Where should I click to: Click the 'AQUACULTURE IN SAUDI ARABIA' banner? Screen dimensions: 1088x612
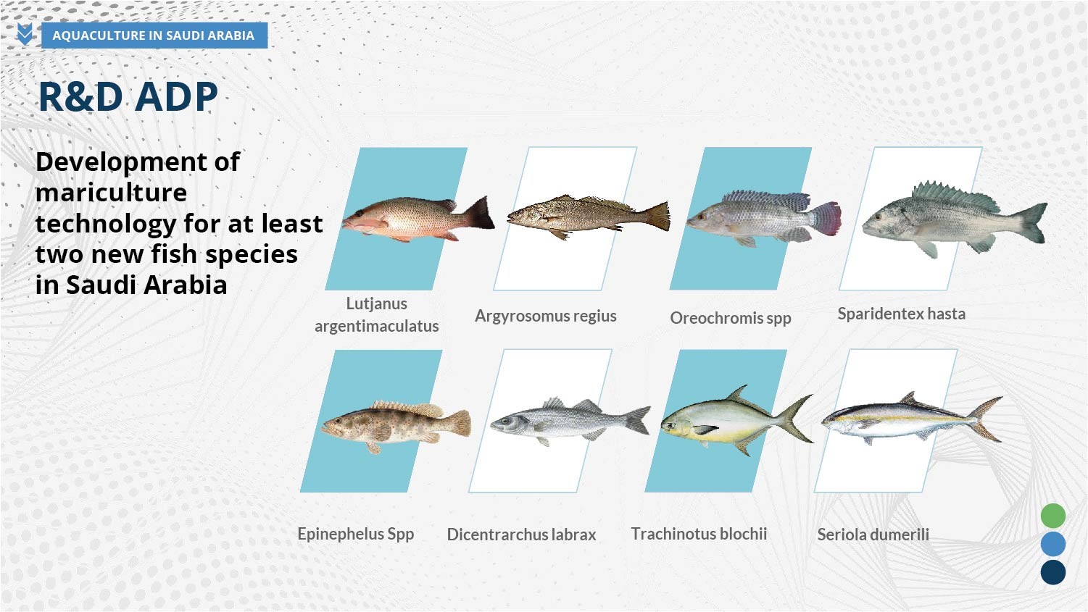click(x=154, y=35)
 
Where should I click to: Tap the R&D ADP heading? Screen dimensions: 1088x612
click(x=128, y=96)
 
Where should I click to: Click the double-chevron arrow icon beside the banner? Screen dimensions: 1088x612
click(x=25, y=34)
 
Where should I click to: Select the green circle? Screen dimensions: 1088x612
click(x=1053, y=516)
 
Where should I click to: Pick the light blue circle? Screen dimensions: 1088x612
click(x=1053, y=544)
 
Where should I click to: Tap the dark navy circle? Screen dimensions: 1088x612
click(x=1053, y=572)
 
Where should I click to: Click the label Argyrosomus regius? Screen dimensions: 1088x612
click(x=546, y=316)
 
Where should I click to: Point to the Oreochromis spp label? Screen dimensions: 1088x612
click(x=731, y=319)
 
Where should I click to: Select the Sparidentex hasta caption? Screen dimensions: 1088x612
click(x=902, y=314)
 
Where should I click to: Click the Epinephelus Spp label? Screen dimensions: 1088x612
click(x=356, y=535)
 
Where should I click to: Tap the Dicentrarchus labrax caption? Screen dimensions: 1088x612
click(x=521, y=535)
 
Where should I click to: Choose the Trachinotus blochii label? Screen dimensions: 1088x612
click(x=699, y=534)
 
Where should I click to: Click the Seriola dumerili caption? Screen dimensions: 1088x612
click(x=873, y=535)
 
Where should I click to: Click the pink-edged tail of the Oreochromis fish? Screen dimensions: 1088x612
click(x=826, y=219)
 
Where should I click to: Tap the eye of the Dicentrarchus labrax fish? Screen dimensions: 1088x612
click(x=507, y=421)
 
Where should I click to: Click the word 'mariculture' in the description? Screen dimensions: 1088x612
click(x=111, y=193)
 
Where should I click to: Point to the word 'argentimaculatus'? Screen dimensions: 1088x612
click(x=376, y=326)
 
